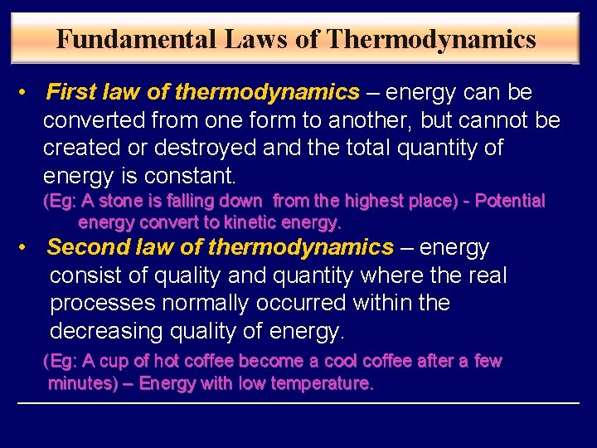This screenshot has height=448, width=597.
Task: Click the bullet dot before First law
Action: click(x=27, y=92)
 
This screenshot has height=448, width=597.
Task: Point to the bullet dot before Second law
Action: click(x=27, y=247)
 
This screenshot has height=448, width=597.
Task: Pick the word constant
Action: click(x=191, y=177)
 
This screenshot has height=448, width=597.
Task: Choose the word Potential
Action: click(x=509, y=201)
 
